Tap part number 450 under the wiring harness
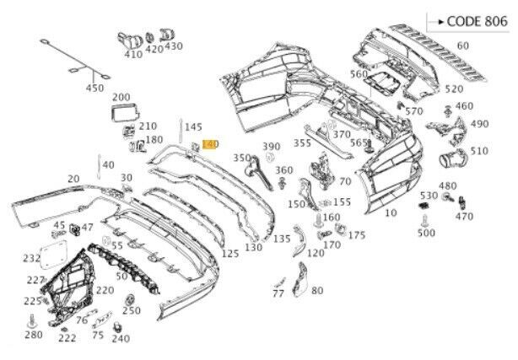(x=94, y=89)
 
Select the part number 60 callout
(x=463, y=46)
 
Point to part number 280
(x=32, y=336)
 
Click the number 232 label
(x=31, y=259)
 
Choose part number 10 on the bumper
(x=390, y=213)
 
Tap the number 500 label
(x=426, y=233)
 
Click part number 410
(x=133, y=55)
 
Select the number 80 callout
(x=317, y=291)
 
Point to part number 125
(x=229, y=253)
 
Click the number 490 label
(x=479, y=124)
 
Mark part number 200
(x=121, y=98)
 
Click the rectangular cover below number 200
(x=123, y=113)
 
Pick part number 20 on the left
(x=73, y=179)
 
